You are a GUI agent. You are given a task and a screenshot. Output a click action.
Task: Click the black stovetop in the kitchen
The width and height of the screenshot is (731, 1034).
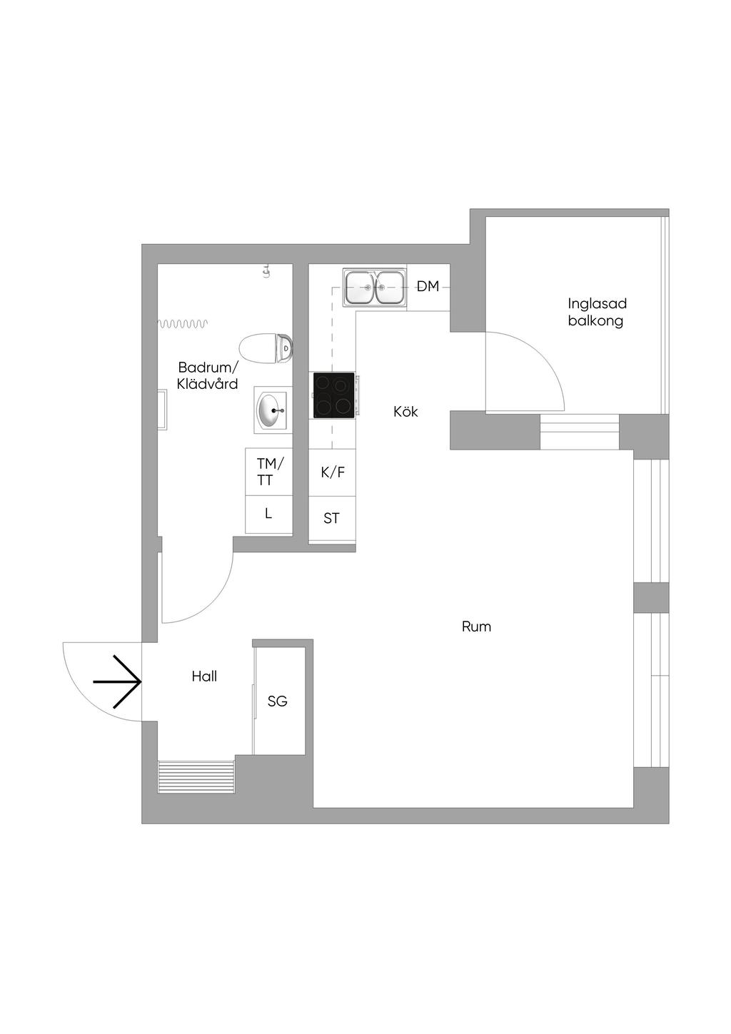(334, 395)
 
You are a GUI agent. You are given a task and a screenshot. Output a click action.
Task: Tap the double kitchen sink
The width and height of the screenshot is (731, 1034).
(374, 287)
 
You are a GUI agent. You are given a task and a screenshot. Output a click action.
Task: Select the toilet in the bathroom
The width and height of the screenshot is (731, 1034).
(266, 348)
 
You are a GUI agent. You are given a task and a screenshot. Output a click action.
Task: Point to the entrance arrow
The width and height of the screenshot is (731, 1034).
(117, 681)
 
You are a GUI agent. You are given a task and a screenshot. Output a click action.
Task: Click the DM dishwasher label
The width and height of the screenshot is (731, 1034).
(428, 286)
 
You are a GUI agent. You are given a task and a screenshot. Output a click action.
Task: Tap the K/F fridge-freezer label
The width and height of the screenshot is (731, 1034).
(333, 472)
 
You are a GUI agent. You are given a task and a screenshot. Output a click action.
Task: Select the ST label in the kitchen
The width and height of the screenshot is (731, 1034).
(331, 518)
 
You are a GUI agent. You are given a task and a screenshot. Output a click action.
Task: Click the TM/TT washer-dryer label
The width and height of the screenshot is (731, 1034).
(271, 471)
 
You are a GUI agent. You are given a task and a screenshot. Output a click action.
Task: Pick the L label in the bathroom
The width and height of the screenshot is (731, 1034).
(268, 513)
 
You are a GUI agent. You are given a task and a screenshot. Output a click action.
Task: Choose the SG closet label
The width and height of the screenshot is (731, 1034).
(277, 701)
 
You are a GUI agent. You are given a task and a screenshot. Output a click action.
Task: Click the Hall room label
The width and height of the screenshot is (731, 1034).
(204, 676)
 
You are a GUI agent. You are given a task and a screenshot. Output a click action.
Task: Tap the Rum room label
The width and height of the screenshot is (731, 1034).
(476, 627)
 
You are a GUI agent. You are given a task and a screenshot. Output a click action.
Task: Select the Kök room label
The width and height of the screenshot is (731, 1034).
(405, 411)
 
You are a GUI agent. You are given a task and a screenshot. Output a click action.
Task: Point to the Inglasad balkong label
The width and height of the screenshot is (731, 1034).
(597, 312)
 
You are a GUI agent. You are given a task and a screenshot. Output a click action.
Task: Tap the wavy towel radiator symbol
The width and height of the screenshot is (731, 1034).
(183, 324)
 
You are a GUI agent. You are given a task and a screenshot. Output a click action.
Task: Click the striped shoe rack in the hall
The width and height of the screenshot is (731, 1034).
(196, 776)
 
